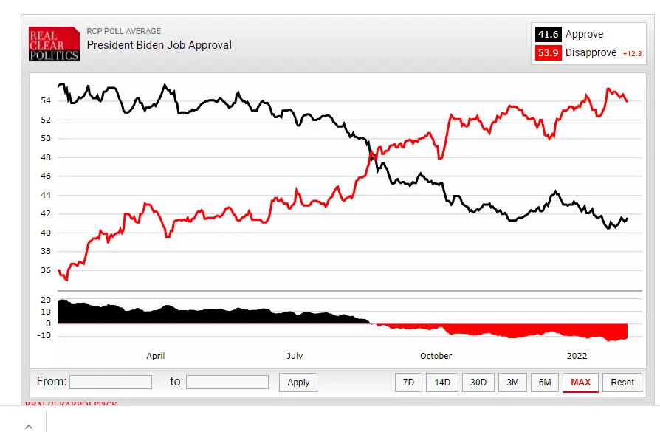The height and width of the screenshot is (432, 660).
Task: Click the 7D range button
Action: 408,382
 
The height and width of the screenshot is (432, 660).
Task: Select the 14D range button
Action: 442,382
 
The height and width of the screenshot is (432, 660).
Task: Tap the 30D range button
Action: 478,382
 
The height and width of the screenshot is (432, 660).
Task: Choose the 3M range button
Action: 512,382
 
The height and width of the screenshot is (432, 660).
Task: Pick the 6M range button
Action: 545,382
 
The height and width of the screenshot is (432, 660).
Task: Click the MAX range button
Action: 580,382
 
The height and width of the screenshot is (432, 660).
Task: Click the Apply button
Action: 298,382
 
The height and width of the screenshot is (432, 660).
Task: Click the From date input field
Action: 111,382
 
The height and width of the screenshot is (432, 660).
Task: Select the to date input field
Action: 227,382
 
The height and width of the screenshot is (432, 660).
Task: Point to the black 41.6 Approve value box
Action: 548,34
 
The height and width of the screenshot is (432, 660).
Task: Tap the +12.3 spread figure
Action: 632,54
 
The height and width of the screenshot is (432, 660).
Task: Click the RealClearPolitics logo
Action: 54,44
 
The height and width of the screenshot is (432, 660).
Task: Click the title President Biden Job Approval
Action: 159,45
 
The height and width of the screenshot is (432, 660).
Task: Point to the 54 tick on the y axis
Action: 46,100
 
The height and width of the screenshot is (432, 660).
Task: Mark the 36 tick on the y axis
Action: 46,270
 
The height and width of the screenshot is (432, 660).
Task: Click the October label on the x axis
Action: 436,356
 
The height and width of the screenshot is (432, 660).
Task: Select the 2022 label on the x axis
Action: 577,356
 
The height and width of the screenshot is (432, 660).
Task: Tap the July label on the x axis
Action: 295,356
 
